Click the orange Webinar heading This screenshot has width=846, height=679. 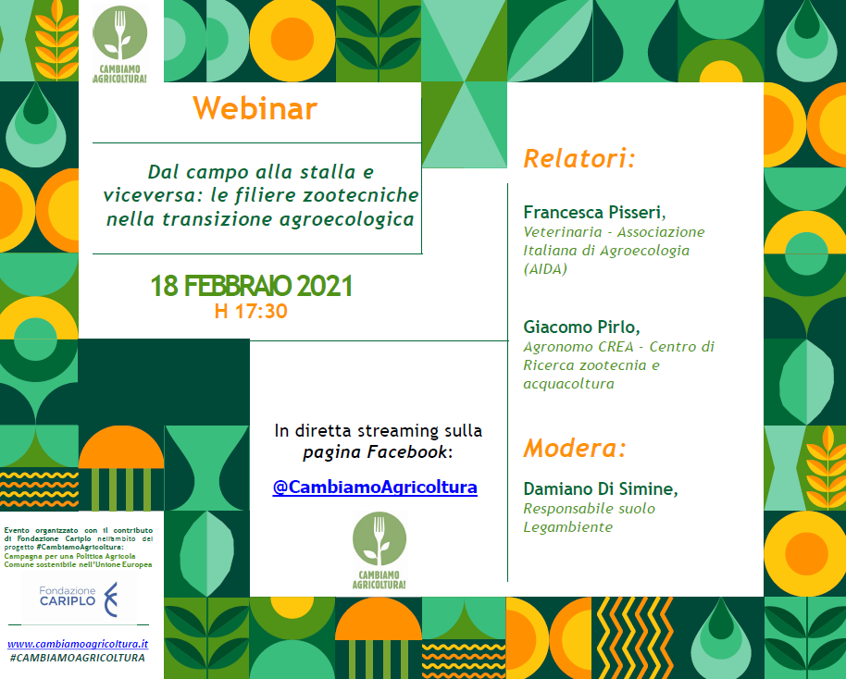[255, 108]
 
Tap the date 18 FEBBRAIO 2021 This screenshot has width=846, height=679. [252, 286]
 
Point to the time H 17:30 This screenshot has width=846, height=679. [251, 311]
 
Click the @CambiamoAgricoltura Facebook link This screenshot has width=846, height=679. [375, 487]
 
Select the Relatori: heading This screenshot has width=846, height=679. [579, 158]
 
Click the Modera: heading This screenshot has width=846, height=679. [575, 448]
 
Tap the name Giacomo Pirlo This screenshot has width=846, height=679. [581, 327]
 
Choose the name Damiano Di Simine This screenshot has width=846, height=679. [601, 488]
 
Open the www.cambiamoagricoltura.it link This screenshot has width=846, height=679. [78, 644]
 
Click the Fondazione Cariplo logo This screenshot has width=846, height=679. [79, 599]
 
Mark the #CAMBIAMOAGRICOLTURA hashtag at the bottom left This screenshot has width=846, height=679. [77, 658]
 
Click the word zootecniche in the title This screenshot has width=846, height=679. [360, 195]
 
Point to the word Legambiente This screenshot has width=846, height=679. [568, 527]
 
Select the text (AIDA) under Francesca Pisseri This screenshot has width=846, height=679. [545, 269]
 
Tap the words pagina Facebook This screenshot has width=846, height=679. [375, 452]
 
